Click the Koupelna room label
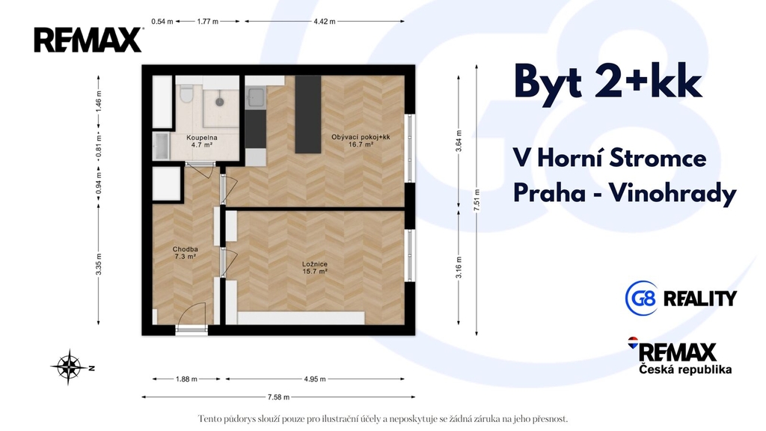pyautogui.click(x=202, y=138)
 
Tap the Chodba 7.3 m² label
pyautogui.click(x=186, y=253)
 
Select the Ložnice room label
pyautogui.click(x=315, y=268)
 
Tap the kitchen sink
pyautogui.click(x=255, y=97)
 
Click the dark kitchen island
pyautogui.click(x=308, y=114)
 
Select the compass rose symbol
pyautogui.click(x=70, y=367)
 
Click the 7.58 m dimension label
pyautogui.click(x=278, y=397)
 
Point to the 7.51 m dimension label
pyautogui.click(x=477, y=200)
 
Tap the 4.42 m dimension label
pyautogui.click(x=325, y=22)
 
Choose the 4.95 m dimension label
pyautogui.click(x=315, y=379)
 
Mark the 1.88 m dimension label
pyautogui.click(x=186, y=379)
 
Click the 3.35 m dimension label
pyautogui.click(x=99, y=264)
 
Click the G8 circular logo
pyautogui.click(x=641, y=298)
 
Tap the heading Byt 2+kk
pyautogui.click(x=608, y=82)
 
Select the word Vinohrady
pyautogui.click(x=672, y=194)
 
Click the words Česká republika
pyautogui.click(x=685, y=370)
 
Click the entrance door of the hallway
pyautogui.click(x=191, y=317)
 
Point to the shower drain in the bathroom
pyautogui.click(x=220, y=102)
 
